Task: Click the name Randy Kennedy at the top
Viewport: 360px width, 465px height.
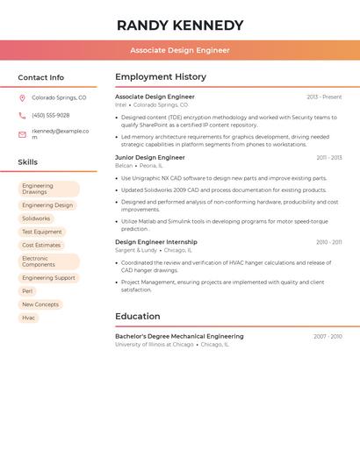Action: (x=180, y=25)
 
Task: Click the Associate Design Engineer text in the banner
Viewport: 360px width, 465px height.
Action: (x=180, y=50)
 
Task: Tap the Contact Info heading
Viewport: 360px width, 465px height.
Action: (x=41, y=77)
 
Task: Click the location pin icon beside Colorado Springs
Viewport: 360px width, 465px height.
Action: (x=22, y=98)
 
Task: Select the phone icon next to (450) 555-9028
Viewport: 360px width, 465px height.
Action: (x=22, y=116)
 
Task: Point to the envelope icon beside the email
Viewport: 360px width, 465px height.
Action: (x=22, y=133)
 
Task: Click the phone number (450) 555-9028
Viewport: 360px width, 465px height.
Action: (x=51, y=116)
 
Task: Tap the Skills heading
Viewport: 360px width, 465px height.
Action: (x=28, y=162)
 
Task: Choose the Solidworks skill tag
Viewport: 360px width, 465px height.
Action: (x=36, y=218)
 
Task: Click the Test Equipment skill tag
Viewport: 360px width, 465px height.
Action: (x=42, y=232)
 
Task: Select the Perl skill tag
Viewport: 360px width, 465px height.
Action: (x=27, y=291)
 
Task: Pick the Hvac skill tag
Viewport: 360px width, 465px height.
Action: (x=29, y=318)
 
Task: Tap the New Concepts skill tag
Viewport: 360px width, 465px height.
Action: (x=40, y=304)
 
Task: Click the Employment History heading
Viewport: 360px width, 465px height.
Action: (x=161, y=77)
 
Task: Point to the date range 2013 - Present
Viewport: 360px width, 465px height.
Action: (x=324, y=97)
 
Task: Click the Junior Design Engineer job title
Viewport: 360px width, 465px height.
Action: (x=150, y=158)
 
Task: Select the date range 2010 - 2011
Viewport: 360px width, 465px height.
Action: (x=329, y=242)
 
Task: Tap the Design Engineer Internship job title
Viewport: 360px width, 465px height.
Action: (x=156, y=242)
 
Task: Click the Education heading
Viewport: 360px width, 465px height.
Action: (x=138, y=317)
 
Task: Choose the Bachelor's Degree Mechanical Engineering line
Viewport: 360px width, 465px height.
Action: (x=179, y=336)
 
